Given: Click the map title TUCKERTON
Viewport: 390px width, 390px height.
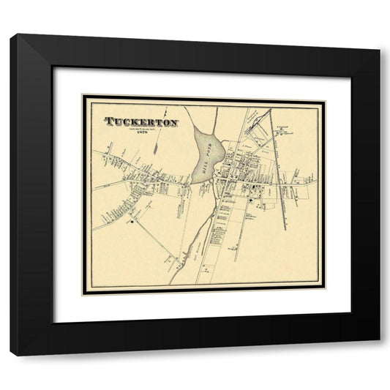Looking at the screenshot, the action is click(x=141, y=121).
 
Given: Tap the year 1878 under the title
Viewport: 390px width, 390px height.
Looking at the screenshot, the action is click(x=142, y=133).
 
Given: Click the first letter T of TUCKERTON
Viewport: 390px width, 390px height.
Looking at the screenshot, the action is click(x=109, y=121).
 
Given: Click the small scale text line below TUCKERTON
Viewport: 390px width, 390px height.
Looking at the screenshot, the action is click(x=142, y=129).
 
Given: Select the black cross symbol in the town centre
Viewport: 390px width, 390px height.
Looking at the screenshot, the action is click(x=252, y=198).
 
